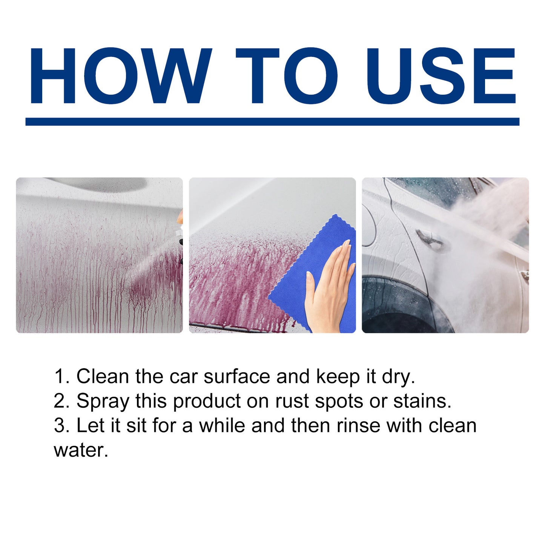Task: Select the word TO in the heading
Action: [287, 75]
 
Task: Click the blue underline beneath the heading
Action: [272, 121]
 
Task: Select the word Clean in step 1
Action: [103, 376]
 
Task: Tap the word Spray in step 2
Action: [103, 401]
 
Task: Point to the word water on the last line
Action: [81, 450]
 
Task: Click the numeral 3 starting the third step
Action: [60, 425]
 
